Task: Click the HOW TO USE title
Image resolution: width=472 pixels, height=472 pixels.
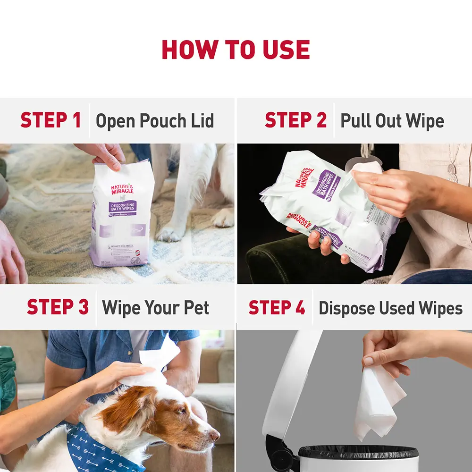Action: (236, 50)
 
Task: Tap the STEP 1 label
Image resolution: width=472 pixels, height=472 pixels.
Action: (51, 120)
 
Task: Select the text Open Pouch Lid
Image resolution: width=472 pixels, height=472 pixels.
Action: (155, 121)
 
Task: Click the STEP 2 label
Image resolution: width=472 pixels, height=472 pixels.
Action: (295, 120)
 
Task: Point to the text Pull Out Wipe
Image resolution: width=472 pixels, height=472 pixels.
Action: (392, 121)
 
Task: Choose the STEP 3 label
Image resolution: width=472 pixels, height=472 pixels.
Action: (58, 307)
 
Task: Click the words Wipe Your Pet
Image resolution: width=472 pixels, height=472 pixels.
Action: (155, 308)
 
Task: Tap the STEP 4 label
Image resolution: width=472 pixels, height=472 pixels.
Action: (277, 308)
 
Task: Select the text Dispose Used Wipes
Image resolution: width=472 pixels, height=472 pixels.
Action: (390, 308)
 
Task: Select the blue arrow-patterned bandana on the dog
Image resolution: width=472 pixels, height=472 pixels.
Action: (94, 448)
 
